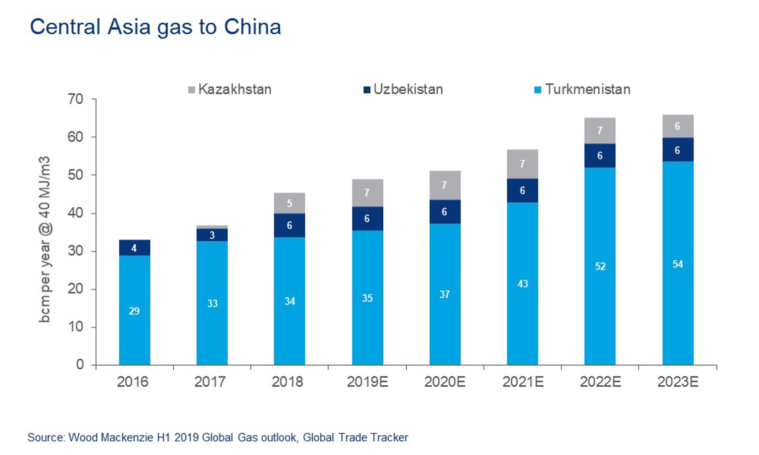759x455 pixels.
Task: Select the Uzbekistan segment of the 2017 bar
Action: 212,235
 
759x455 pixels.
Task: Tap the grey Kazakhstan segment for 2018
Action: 289,203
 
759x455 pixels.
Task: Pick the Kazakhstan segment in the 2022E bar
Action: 600,131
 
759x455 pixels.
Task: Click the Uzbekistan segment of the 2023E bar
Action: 678,150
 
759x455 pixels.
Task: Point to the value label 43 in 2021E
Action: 523,284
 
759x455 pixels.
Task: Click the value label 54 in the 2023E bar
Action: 678,264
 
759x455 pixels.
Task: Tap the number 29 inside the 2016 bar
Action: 134,311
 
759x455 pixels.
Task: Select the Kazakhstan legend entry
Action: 230,89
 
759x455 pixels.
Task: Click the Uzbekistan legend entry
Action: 403,89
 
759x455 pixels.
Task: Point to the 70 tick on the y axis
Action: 76,99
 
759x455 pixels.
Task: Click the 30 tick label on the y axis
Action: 76,251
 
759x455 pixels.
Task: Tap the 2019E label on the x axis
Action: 367,382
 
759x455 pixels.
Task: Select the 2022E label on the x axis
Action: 600,382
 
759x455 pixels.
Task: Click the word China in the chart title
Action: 252,27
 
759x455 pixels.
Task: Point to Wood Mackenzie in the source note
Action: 110,437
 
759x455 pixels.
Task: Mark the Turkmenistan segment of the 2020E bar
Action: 445,295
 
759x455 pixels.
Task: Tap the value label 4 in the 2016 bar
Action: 134,248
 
